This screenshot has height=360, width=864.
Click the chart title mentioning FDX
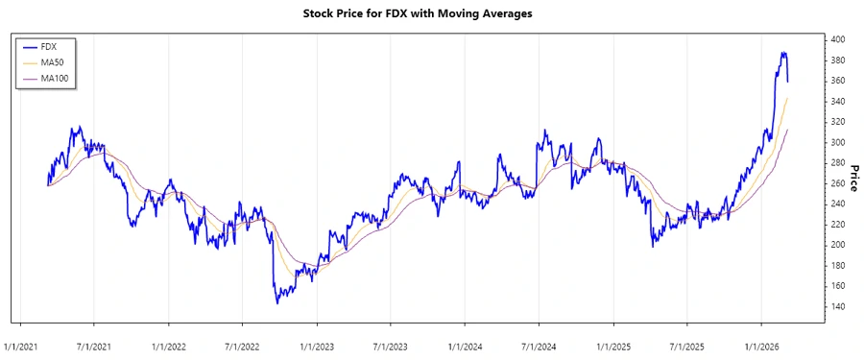pos(431,13)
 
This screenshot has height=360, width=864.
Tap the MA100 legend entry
pos(55,77)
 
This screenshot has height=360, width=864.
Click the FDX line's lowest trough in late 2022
pos(277,303)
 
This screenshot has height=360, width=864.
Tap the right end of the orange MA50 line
pos(788,98)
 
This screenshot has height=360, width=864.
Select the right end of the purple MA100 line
pos(788,130)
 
